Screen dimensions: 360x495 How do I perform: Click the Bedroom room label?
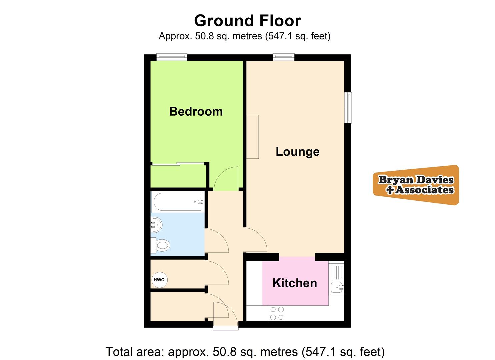pyautogui.click(x=196, y=111)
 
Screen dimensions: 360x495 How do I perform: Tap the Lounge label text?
pyautogui.click(x=297, y=152)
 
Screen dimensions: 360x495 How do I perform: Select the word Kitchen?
pyautogui.click(x=295, y=283)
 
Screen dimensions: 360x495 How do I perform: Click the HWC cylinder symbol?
pyautogui.click(x=159, y=280)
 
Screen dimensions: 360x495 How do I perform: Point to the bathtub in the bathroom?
pyautogui.click(x=177, y=201)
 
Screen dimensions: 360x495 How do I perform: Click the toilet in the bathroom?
pyautogui.click(x=161, y=246)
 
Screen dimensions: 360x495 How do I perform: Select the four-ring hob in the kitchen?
pyautogui.click(x=277, y=313)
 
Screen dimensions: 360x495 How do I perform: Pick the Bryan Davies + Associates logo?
pyautogui.click(x=416, y=185)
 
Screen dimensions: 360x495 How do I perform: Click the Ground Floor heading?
pyautogui.click(x=247, y=21)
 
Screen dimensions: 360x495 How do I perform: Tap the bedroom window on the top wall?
pyautogui.click(x=172, y=57)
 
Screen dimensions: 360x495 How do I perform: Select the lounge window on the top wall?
pyautogui.click(x=284, y=57)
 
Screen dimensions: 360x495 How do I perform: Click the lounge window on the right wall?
pyautogui.click(x=348, y=108)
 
